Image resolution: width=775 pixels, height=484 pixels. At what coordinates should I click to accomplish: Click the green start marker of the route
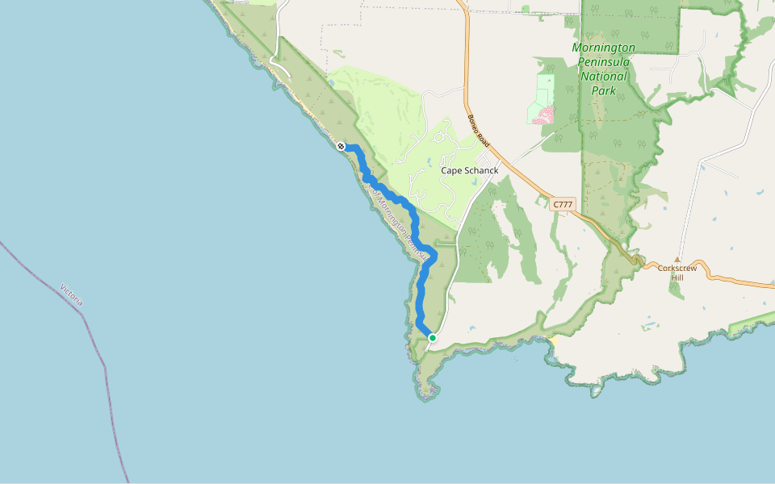click(x=433, y=338)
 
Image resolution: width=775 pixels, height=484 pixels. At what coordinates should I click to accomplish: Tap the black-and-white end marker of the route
click(x=341, y=146)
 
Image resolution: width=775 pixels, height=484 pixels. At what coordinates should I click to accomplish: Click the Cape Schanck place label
click(x=469, y=171)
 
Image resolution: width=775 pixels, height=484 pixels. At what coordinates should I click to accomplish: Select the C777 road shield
click(x=563, y=205)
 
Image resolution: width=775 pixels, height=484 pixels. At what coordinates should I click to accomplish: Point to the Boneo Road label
click(x=479, y=130)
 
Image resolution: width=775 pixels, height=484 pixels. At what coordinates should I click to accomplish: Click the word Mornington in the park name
click(x=603, y=48)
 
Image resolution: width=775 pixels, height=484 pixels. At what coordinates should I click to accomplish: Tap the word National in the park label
click(x=604, y=77)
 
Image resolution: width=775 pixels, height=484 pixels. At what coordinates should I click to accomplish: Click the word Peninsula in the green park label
click(x=604, y=62)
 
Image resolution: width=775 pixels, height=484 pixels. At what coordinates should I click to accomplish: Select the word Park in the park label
click(x=604, y=91)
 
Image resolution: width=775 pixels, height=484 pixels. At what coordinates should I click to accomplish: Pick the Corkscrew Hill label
click(x=677, y=273)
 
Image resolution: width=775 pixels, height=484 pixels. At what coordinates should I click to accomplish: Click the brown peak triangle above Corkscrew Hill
click(x=677, y=260)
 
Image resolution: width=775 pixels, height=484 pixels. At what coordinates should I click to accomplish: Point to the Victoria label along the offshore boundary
click(x=72, y=294)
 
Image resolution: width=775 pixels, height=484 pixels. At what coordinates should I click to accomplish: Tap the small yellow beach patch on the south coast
click(x=555, y=340)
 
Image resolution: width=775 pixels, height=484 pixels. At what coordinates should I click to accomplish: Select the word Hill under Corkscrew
click(x=677, y=277)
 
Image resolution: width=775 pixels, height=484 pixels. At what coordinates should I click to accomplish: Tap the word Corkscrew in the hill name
click(x=677, y=268)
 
